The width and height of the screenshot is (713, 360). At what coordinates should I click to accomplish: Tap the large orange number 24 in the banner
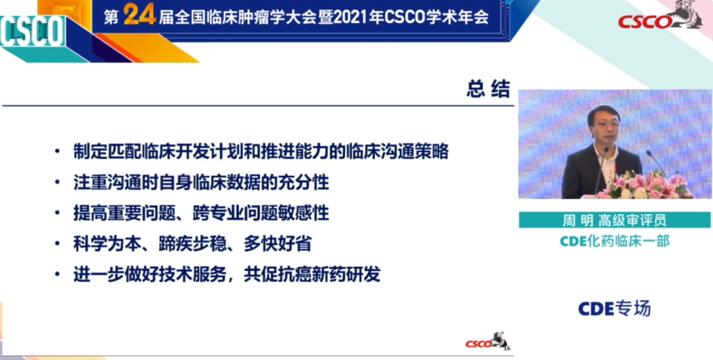(x=139, y=16)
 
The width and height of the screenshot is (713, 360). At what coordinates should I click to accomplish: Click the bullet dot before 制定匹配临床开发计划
(x=59, y=153)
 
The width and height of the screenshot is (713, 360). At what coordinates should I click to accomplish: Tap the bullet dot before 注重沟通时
(x=59, y=183)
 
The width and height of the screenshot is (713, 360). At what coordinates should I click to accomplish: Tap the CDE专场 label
(x=614, y=308)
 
